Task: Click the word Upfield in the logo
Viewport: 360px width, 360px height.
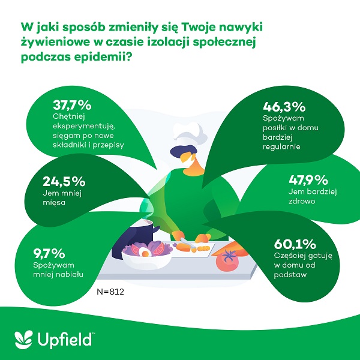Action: (x=64, y=338)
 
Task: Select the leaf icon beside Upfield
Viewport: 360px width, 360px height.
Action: (x=22, y=338)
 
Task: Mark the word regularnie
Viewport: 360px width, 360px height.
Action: (x=283, y=146)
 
